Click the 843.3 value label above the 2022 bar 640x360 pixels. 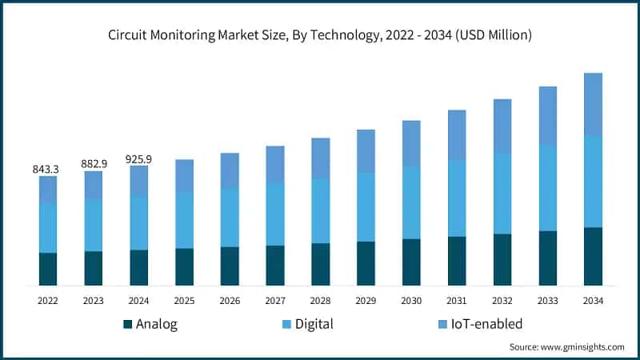tap(48, 169)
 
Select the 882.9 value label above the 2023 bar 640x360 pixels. tap(94, 164)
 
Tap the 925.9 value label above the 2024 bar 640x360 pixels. tap(138, 159)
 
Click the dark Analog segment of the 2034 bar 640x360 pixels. tap(593, 256)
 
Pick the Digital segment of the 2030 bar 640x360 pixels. tap(411, 202)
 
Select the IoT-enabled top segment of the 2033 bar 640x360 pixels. tap(547, 116)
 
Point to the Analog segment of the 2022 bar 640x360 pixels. tap(48, 269)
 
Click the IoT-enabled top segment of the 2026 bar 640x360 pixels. tap(230, 170)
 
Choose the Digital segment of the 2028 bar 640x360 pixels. tap(320, 210)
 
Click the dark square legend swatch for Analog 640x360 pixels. tap(127, 325)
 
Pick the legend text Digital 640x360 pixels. tap(314, 324)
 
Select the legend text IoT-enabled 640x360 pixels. tap(486, 324)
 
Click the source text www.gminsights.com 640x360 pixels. tap(583, 347)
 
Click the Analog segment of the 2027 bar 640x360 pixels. tap(275, 265)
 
